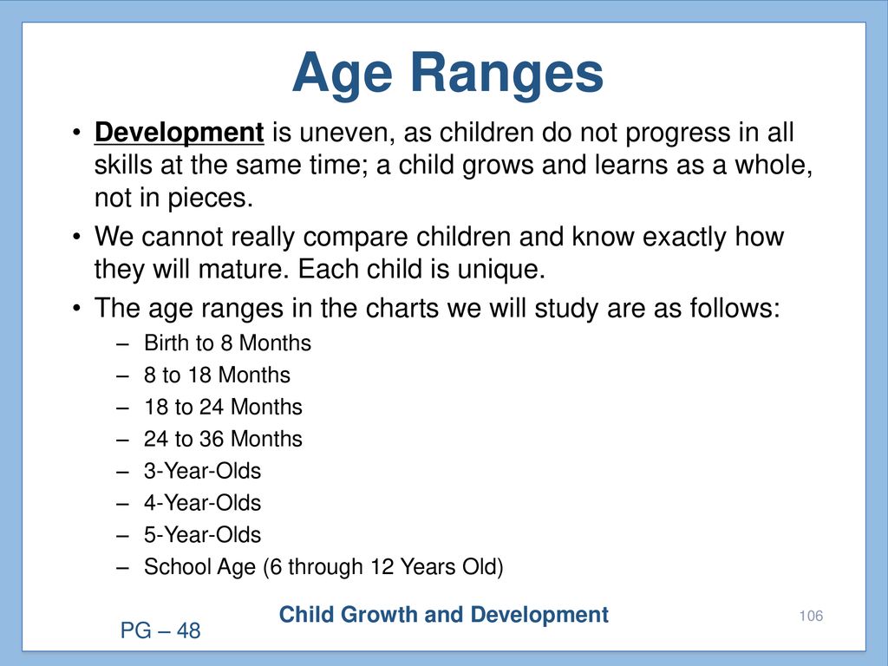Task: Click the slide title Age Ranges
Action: (447, 75)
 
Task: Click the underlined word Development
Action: (179, 133)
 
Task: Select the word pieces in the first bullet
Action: (210, 199)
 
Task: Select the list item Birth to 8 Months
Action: (227, 343)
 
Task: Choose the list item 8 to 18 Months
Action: (217, 375)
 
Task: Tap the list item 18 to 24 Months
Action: (223, 408)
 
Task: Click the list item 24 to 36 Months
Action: (223, 439)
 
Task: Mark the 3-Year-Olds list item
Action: (202, 471)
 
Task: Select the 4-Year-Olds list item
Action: (202, 503)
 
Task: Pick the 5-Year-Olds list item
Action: (202, 534)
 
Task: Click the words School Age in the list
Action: (199, 567)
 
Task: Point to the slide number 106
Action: (811, 617)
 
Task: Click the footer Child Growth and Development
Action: (443, 615)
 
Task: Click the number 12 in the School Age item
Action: (382, 567)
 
